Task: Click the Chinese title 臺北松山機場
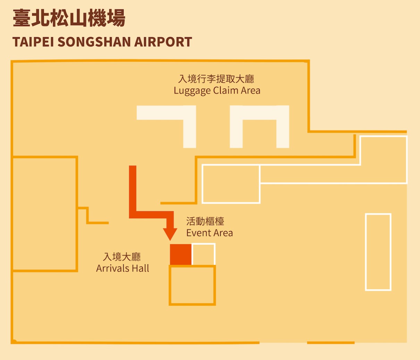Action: coord(69,18)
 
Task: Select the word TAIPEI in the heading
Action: coord(33,42)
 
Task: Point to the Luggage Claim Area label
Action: coord(217,91)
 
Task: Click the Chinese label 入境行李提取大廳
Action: coord(216,79)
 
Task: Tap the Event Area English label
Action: coord(209,233)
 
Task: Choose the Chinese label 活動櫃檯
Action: coord(205,221)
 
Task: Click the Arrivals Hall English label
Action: coord(123,268)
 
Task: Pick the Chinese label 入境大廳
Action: coord(122,257)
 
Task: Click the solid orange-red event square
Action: coord(180,254)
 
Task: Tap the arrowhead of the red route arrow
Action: coord(170,234)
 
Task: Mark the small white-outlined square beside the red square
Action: coord(203,254)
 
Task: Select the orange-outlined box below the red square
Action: coord(192,285)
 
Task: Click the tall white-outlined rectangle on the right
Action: coord(378,252)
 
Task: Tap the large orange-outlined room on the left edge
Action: coord(44,214)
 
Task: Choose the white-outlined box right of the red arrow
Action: coord(231,184)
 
